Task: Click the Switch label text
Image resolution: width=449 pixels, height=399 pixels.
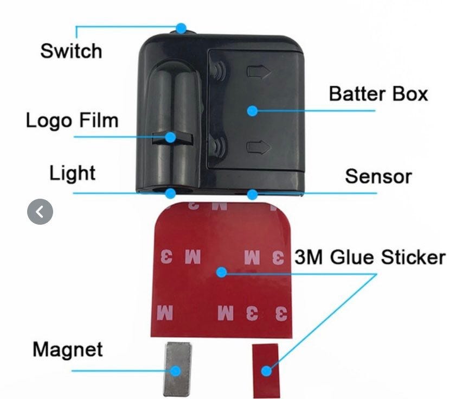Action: (71, 51)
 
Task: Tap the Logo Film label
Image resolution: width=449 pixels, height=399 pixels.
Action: (72, 120)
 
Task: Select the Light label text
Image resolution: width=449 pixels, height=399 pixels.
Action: (72, 174)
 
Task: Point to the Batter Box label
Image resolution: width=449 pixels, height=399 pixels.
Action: (378, 93)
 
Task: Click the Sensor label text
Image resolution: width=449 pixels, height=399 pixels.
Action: (378, 176)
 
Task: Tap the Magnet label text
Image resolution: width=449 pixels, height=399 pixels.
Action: (68, 349)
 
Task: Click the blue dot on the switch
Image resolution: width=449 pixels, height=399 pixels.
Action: (181, 28)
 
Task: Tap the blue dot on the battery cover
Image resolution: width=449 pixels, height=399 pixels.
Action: (252, 111)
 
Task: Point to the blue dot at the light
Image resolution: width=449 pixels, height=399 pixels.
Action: (171, 193)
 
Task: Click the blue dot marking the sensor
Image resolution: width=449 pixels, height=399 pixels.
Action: (252, 193)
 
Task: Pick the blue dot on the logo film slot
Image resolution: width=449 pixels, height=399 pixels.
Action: (170, 137)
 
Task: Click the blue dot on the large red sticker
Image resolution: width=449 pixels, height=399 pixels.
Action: (220, 271)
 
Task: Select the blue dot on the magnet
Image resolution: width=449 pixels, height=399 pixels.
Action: (175, 371)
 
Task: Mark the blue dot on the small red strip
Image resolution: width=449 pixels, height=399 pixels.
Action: (266, 371)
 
